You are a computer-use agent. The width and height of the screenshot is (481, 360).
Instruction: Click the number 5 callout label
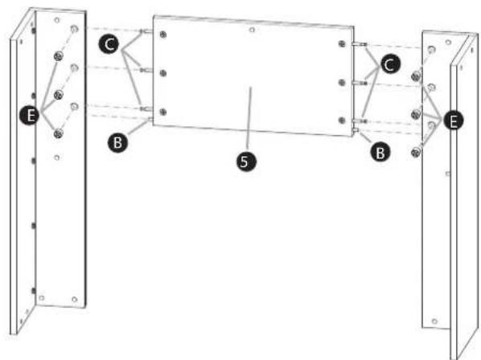[x=246, y=161]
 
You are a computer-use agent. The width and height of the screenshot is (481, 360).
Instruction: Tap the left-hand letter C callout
[x=109, y=44]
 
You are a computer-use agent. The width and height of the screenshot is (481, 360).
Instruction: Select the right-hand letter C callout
[x=390, y=64]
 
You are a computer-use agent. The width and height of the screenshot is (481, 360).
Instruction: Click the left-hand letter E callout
[x=29, y=116]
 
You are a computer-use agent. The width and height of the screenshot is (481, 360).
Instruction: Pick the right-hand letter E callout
[x=454, y=121]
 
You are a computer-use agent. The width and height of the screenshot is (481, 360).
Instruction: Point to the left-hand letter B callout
[x=117, y=143]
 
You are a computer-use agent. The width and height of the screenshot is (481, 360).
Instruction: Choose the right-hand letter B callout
[x=380, y=152]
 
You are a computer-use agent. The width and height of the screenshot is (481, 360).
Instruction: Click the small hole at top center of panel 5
[x=252, y=30]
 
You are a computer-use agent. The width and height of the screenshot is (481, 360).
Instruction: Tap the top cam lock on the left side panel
[x=58, y=56]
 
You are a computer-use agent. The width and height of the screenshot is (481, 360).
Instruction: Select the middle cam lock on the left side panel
[x=58, y=95]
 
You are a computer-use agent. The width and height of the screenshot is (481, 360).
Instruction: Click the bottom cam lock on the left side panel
[x=58, y=133]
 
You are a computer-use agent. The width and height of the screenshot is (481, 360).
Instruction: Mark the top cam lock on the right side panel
[x=416, y=76]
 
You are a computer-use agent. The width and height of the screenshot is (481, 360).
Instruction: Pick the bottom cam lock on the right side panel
[x=416, y=152]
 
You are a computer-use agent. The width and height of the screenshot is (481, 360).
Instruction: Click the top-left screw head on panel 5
[x=163, y=35]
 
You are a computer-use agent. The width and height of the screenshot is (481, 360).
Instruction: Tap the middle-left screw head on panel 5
[x=163, y=73]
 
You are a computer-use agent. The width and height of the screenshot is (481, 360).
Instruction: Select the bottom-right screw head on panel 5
[x=342, y=121]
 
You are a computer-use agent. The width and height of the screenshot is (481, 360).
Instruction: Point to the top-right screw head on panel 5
[x=342, y=44]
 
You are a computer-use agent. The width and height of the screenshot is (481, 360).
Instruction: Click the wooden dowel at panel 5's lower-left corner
[x=150, y=120]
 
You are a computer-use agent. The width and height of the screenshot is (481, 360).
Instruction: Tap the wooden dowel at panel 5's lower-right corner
[x=356, y=130]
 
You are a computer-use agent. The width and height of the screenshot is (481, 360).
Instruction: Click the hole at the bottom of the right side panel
[x=434, y=321]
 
